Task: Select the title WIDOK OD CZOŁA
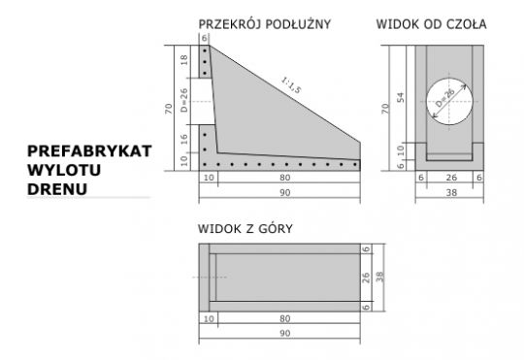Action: pyautogui.click(x=431, y=22)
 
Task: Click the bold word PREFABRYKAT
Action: pyautogui.click(x=90, y=152)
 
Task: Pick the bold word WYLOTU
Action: pyautogui.click(x=65, y=170)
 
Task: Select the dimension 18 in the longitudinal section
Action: pyautogui.click(x=185, y=60)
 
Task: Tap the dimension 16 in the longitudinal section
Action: pyautogui.click(x=185, y=139)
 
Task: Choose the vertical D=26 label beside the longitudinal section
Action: pyautogui.click(x=185, y=100)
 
